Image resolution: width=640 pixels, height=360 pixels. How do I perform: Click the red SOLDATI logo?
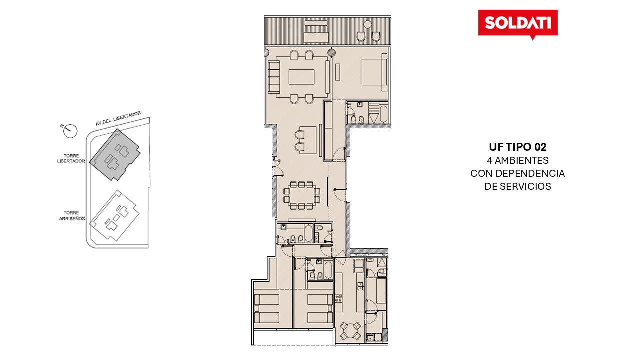click(518, 24)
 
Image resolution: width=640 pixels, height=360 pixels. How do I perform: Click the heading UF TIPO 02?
click(517, 147)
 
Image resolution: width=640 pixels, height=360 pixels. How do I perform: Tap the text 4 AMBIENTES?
click(517, 160)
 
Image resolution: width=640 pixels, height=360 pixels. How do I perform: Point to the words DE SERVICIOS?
click(517, 186)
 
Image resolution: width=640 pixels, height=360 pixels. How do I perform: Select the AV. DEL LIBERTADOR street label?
click(118, 118)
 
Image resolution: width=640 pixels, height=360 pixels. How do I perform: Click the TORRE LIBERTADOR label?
click(71, 158)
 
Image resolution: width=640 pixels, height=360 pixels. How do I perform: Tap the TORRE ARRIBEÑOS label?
click(72, 216)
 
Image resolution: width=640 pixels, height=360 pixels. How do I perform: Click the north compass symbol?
click(69, 131)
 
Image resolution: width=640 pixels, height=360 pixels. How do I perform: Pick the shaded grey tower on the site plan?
click(115, 155)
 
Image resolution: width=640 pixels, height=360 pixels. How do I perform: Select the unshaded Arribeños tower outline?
click(115, 216)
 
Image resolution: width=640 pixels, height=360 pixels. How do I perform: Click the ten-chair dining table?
click(301, 195)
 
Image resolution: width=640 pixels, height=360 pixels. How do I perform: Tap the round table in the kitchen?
click(351, 331)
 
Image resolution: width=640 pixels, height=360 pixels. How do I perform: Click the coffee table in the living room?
click(301, 77)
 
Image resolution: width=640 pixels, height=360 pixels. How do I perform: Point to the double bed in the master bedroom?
click(373, 72)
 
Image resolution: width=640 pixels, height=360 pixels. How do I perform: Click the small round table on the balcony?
click(367, 24)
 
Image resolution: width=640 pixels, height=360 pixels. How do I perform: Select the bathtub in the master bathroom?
click(383, 114)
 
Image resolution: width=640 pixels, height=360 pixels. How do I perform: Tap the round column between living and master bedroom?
click(331, 52)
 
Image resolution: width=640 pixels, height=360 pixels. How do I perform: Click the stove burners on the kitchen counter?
click(338, 298)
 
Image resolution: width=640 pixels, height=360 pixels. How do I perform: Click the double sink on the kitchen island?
click(360, 286)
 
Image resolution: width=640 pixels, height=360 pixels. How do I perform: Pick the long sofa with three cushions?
click(273, 77)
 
